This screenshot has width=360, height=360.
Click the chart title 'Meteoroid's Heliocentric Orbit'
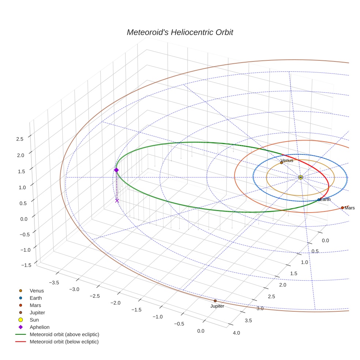(x=180, y=32)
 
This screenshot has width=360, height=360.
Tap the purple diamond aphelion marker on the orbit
(x=116, y=170)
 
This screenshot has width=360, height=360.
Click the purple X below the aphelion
(x=117, y=200)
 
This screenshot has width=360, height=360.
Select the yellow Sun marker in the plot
(x=300, y=177)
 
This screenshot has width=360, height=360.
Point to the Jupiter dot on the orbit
(x=215, y=301)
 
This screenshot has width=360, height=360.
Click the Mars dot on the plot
(x=342, y=207)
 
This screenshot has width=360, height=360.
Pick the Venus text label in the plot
(x=287, y=161)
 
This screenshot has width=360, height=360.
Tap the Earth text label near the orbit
(x=325, y=199)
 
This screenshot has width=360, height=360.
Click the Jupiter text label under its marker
(x=217, y=306)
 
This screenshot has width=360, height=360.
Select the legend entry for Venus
(x=37, y=291)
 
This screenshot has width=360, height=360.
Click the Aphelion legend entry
(x=40, y=327)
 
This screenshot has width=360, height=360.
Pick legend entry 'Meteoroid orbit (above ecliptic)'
(x=64, y=334)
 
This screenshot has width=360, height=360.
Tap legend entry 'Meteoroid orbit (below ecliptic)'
(x=64, y=342)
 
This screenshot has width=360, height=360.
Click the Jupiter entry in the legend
(x=37, y=312)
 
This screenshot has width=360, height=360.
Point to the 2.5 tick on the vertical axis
(x=20, y=139)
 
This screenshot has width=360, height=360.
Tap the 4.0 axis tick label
(x=236, y=333)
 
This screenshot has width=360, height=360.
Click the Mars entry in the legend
(x=35, y=305)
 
